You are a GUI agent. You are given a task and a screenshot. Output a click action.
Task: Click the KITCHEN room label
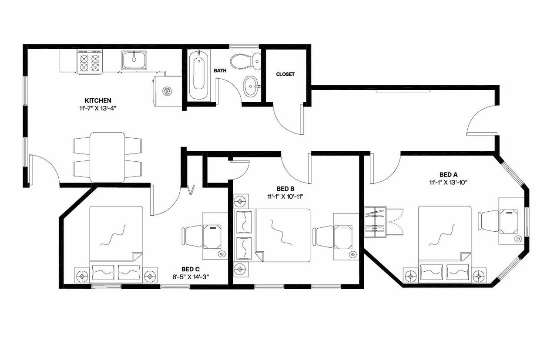98,100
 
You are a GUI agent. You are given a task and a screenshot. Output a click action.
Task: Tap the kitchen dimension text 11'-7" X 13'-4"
98,107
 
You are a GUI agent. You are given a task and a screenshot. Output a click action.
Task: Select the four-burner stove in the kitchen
91,61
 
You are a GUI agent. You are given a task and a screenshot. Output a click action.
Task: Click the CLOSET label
285,74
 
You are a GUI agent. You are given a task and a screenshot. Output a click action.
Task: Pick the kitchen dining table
107,157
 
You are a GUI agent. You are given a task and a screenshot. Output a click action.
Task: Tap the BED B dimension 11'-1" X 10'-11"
285,196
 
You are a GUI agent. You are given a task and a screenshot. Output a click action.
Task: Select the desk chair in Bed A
487,221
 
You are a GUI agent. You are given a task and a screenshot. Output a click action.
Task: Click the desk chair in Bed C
192,237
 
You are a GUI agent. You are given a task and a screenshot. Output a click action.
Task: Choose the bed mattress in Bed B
283,235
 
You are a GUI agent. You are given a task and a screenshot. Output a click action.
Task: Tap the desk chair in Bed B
324,237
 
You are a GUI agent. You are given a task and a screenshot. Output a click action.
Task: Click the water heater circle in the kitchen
166,91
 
